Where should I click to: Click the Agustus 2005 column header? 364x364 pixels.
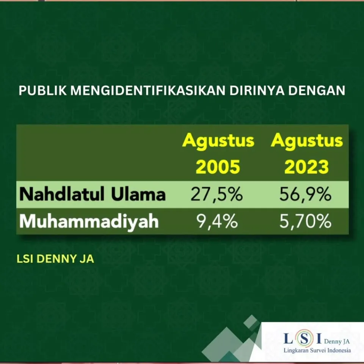pos(218,154)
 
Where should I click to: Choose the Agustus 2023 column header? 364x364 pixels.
pos(307,154)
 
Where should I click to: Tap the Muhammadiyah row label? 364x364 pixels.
pos(89,221)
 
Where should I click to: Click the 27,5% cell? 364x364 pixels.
pos(217,195)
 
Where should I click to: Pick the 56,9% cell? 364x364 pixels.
pos(306,195)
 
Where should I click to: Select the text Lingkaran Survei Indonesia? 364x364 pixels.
pos(317,350)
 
